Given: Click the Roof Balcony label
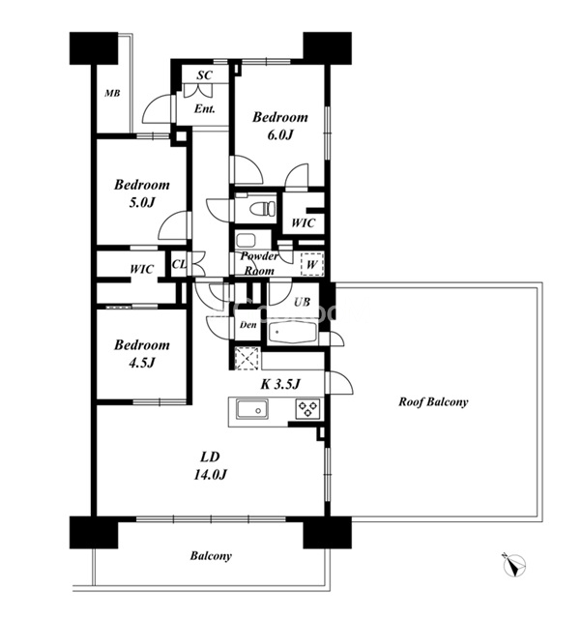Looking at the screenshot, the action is (433, 402).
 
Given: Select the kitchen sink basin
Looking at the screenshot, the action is (252, 409).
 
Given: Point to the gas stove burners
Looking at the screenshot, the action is (307, 409).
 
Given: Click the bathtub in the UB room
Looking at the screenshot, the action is (293, 333).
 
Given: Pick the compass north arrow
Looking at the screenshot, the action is (514, 565).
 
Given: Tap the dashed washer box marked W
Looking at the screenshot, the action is (311, 264).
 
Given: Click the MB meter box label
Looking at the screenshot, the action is (112, 94).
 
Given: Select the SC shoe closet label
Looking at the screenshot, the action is (204, 75).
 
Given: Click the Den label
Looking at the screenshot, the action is (248, 325).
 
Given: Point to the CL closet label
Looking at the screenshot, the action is (179, 264).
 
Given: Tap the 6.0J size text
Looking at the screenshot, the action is (280, 135).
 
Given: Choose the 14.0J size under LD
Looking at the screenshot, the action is (210, 475).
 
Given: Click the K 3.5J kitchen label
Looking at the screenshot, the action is (280, 384).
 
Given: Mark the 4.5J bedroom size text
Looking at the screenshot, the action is (142, 363).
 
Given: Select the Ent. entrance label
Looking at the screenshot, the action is (204, 109).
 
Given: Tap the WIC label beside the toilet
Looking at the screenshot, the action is (303, 223).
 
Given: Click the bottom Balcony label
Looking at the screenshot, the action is (211, 556).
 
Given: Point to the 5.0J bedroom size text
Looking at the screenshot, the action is (142, 202).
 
